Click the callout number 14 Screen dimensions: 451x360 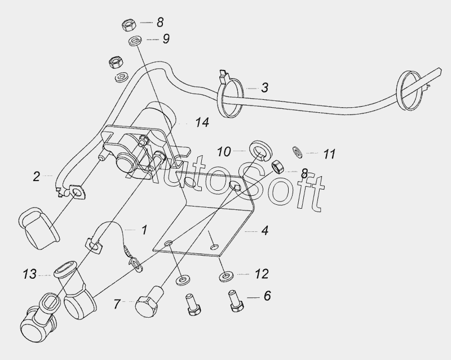[202, 122]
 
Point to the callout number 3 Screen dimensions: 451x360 [264, 87]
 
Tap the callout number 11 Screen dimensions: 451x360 [329, 154]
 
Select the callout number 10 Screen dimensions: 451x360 [224, 151]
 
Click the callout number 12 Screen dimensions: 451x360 [262, 274]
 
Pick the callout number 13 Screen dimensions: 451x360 [30, 274]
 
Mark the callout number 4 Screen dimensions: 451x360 [264, 230]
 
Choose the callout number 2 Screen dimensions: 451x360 [36, 177]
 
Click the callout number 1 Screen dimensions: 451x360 [144, 230]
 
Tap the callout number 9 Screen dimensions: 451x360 [166, 39]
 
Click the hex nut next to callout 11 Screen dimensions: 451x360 [278, 167]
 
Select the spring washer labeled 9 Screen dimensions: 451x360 [135, 40]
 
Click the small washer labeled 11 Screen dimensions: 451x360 [298, 152]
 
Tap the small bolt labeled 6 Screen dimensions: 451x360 [236, 301]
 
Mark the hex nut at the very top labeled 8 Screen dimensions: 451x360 [129, 25]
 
